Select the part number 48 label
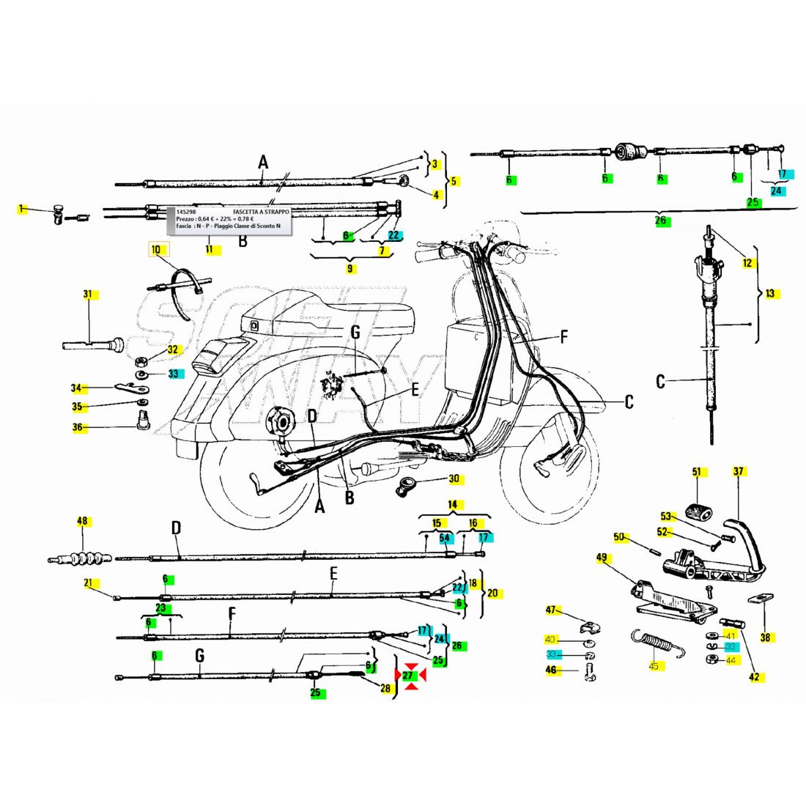(x=82, y=522)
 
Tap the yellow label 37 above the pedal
(x=738, y=472)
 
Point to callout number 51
(x=696, y=472)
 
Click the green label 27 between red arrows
(x=409, y=675)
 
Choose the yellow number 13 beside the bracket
(x=770, y=294)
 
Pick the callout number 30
(x=454, y=478)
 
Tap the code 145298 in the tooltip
(x=186, y=212)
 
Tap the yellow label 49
(x=602, y=558)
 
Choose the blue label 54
(x=444, y=538)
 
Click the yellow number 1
(x=22, y=209)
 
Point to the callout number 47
(x=551, y=610)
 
